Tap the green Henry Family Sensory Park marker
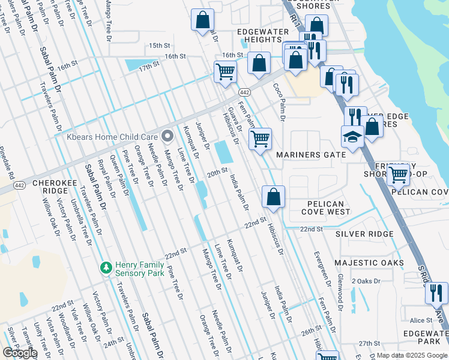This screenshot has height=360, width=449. click(x=106, y=266)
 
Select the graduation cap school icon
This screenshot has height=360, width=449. click(x=352, y=137)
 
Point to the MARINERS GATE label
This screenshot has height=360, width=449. click(x=310, y=155)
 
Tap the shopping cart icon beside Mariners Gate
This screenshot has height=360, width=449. click(x=260, y=139)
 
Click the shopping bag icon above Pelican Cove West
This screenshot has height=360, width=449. click(x=273, y=196)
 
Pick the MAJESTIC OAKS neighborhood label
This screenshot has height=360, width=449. click(x=369, y=263)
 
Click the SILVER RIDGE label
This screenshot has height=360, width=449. click(x=364, y=234)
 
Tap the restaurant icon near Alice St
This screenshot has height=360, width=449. click(x=436, y=292)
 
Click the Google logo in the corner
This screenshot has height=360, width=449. click(x=20, y=353)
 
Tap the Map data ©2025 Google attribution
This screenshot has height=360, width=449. click(x=412, y=355)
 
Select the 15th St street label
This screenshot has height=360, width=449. click(x=160, y=46)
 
